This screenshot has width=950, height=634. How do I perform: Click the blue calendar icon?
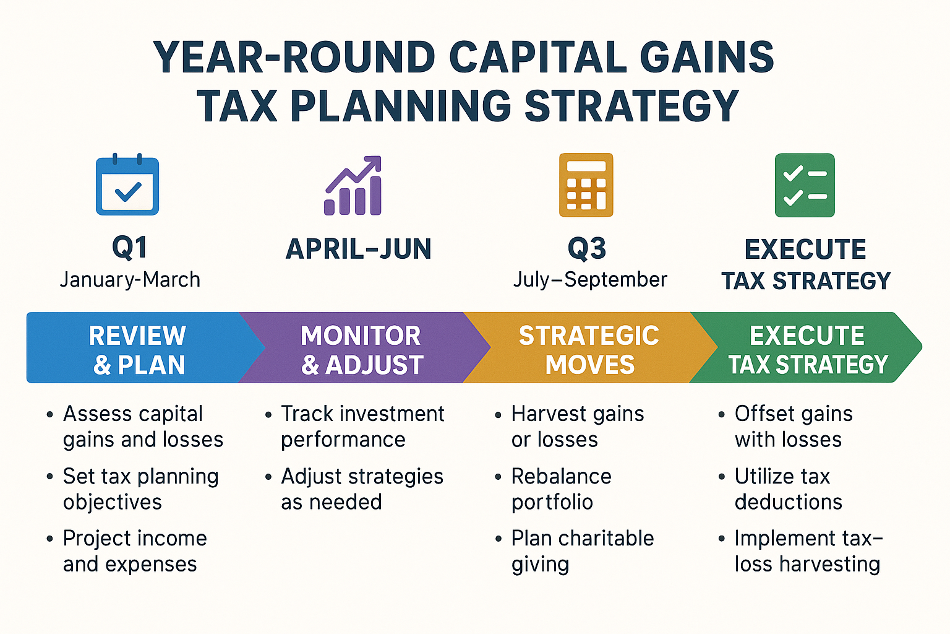[127, 185]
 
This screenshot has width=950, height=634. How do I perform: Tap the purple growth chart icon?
[353, 186]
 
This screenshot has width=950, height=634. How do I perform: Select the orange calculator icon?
[586, 185]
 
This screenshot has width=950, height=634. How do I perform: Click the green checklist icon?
[805, 185]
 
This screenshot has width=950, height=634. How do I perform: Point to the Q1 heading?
[130, 248]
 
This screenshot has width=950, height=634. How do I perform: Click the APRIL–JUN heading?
[359, 249]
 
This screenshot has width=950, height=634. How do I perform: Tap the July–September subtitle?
[590, 279]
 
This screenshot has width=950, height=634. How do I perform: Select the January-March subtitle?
[130, 280]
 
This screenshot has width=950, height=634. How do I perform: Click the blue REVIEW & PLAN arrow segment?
[137, 349]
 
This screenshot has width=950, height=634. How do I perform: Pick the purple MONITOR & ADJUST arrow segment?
[361, 349]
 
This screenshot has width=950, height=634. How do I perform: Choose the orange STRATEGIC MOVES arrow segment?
[589, 349]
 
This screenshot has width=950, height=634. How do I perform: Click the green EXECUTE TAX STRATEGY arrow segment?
[807, 349]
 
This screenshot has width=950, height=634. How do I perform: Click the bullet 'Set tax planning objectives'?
[140, 489]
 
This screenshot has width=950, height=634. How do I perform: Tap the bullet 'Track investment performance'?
[362, 426]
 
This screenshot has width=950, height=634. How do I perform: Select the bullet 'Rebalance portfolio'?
[561, 489]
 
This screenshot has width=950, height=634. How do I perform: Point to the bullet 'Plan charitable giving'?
[582, 550]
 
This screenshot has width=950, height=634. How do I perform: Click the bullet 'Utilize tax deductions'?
[788, 489]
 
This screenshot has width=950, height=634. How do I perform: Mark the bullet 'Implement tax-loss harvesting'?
[807, 550]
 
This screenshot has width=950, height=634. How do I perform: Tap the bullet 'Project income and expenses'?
[134, 550]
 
